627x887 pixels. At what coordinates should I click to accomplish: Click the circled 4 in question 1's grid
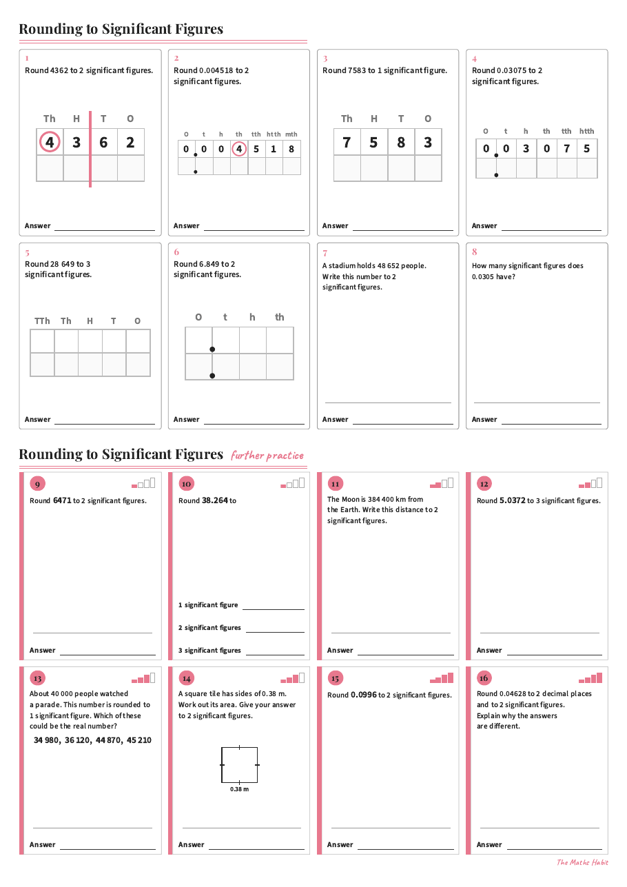pyautogui.click(x=50, y=142)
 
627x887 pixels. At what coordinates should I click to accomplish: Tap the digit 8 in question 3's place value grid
pyautogui.click(x=401, y=143)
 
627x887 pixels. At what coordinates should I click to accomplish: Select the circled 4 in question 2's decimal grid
pyautogui.click(x=238, y=149)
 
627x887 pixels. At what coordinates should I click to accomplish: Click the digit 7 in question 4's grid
pyautogui.click(x=567, y=148)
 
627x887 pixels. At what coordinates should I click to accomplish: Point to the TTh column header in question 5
pyautogui.click(x=42, y=320)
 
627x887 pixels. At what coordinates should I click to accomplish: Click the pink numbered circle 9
pyautogui.click(x=38, y=484)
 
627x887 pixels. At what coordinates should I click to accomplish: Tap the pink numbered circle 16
pyautogui.click(x=484, y=678)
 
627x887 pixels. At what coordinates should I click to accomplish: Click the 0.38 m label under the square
pyautogui.click(x=240, y=789)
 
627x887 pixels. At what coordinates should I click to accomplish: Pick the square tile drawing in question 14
pyautogui.click(x=240, y=765)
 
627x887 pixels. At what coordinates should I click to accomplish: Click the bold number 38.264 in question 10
pyautogui.click(x=215, y=500)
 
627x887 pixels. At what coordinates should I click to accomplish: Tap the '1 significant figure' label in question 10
pyautogui.click(x=208, y=604)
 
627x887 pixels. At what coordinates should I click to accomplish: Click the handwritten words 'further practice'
pyautogui.click(x=267, y=456)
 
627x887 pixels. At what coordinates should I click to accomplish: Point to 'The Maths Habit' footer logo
pyautogui.click(x=582, y=862)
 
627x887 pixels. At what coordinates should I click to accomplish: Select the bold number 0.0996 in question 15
pyautogui.click(x=364, y=695)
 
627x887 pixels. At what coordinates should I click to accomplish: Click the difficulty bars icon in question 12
pyautogui.click(x=590, y=483)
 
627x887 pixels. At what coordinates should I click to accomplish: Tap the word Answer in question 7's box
pyautogui.click(x=335, y=419)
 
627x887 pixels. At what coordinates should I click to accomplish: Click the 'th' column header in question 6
pyautogui.click(x=280, y=317)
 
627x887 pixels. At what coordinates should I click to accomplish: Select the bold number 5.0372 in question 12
pyautogui.click(x=513, y=500)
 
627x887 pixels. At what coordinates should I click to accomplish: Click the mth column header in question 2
pyautogui.click(x=291, y=134)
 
